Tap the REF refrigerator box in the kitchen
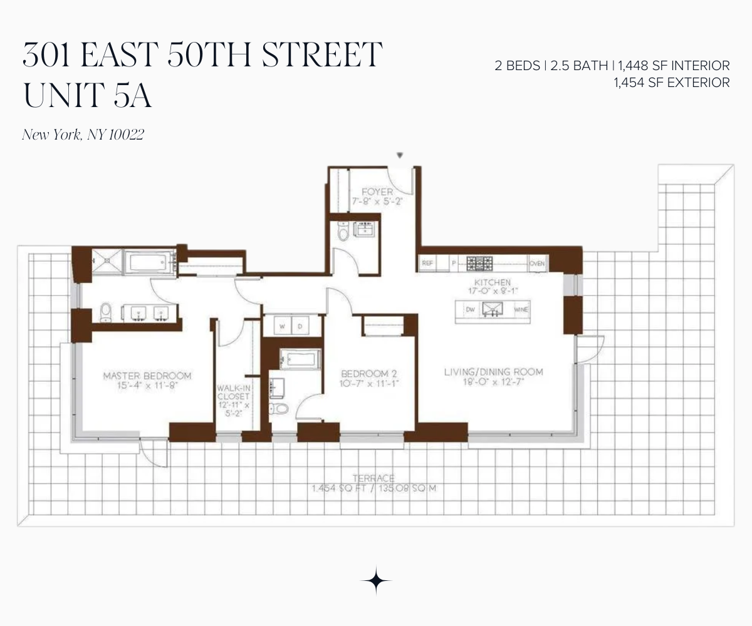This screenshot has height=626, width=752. tap(427, 264)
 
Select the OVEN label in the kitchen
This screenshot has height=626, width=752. tap(537, 264)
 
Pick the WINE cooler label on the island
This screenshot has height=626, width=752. tap(521, 310)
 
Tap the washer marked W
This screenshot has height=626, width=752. tap(281, 326)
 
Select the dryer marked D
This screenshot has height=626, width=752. tap(300, 326)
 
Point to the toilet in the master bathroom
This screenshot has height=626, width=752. tap(106, 311)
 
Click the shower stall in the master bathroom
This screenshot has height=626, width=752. tap(108, 261)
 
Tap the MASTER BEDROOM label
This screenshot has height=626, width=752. tap(147, 376)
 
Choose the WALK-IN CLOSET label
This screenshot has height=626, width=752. tap(233, 392)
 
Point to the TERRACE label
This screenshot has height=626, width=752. tap(374, 478)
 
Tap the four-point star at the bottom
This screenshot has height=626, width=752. tap(376, 581)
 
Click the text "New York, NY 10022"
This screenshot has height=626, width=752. tap(83, 135)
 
